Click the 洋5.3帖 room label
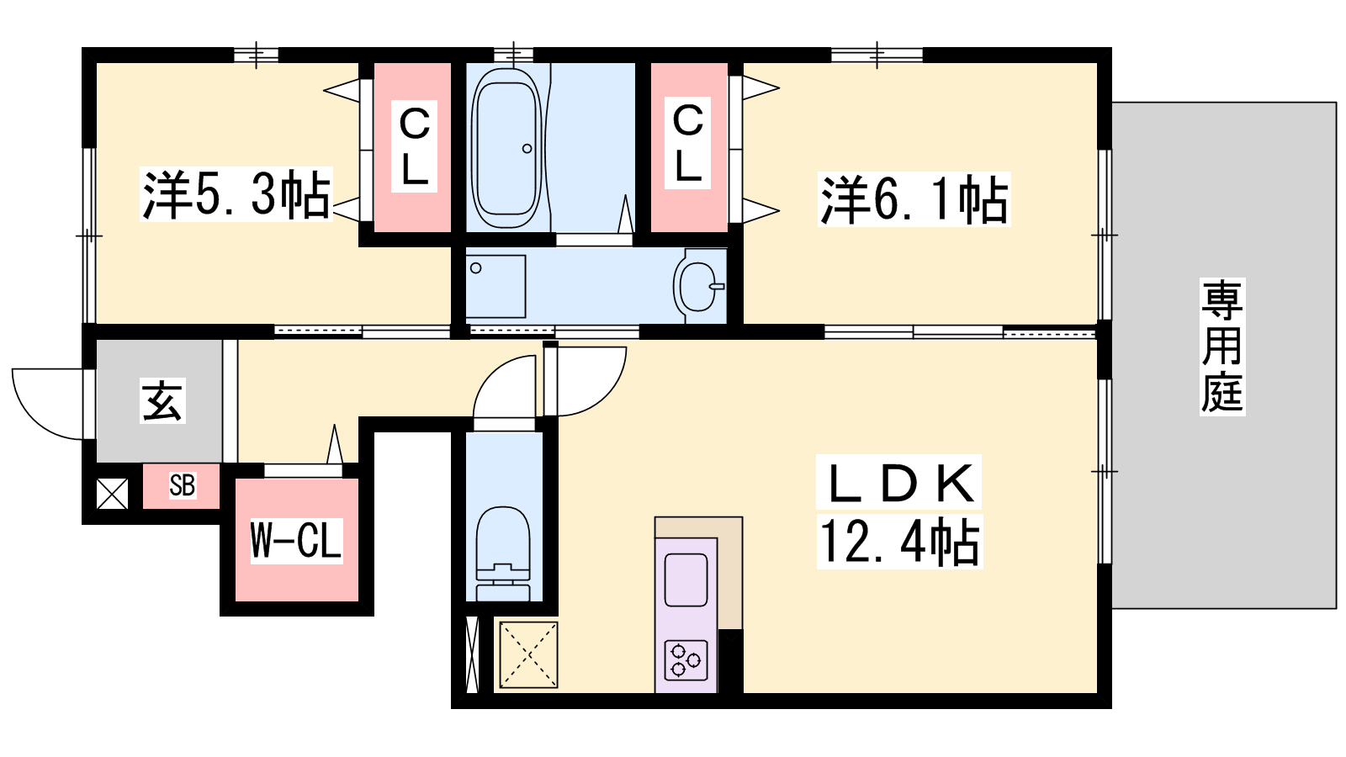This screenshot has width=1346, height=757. tap(236, 194)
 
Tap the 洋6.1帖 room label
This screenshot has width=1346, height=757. tap(914, 199)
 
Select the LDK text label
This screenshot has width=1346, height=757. tap(899, 484)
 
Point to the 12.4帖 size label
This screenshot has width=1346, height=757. tap(899, 542)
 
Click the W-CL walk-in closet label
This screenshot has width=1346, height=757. tap(296, 541)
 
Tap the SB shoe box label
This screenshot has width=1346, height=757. tap(182, 485)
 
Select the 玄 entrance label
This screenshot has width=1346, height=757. tap(163, 400)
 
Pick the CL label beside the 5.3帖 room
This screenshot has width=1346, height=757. tap(414, 146)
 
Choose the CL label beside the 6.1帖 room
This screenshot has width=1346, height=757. tap(688, 142)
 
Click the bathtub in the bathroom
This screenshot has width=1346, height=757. tap(506, 148)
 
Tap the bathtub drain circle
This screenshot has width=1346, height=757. tap(527, 148)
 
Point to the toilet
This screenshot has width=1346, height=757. tap(503, 553)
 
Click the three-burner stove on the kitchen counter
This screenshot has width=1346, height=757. tap(686, 660)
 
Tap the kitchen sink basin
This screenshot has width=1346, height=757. tap(686, 580)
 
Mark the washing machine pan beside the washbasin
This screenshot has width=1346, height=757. tap(495, 287)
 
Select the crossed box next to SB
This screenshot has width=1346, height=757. tap(113, 493)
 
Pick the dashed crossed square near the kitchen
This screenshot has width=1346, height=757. tap(528, 655)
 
